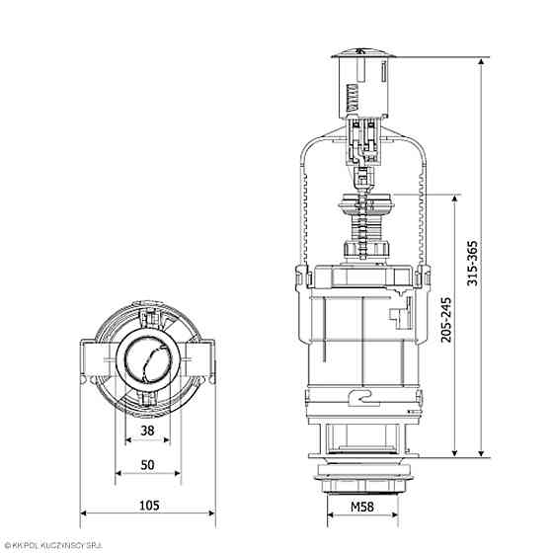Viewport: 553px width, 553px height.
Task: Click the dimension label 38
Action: coord(147,430)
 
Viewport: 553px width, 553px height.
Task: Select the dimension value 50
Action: coord(147,464)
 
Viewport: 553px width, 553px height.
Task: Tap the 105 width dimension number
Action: coord(148,505)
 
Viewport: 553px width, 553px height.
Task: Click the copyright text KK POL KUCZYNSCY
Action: coord(59,545)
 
